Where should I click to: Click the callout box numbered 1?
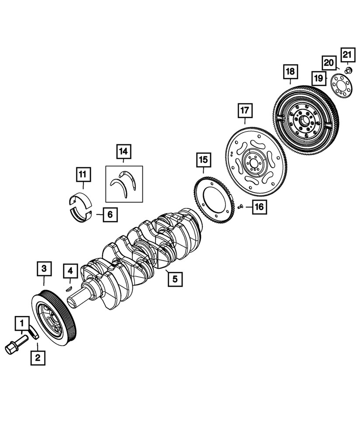click(21, 324)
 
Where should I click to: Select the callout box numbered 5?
click(175, 278)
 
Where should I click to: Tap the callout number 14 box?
click(123, 152)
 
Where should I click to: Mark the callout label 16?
click(259, 207)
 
